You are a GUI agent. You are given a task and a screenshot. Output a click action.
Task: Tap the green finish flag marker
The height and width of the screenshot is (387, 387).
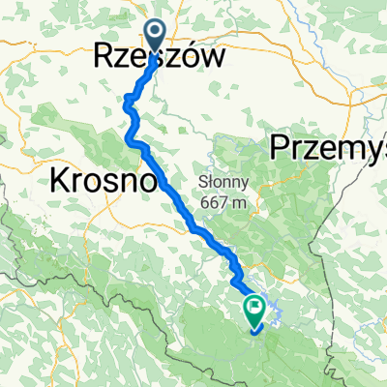click(x=255, y=309)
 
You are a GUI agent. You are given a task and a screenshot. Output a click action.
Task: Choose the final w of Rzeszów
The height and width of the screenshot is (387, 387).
click(x=219, y=57)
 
